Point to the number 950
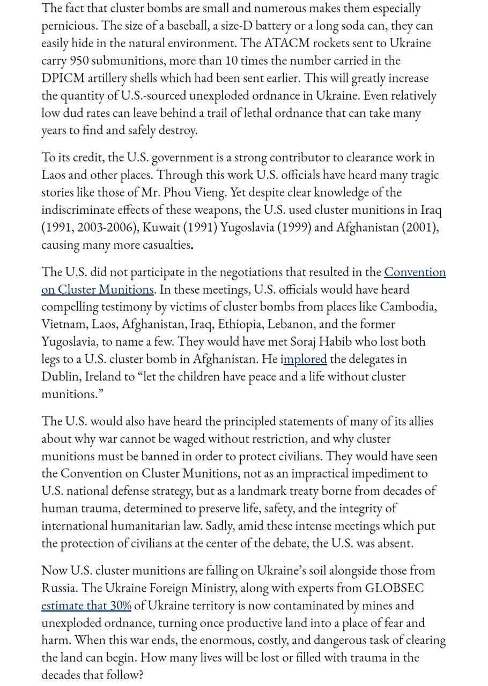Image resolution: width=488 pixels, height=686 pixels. pyautogui.click(x=79, y=60)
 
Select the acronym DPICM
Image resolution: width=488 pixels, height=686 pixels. pyautogui.click(x=63, y=78)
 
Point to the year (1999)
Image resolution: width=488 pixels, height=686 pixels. pyautogui.click(x=292, y=227)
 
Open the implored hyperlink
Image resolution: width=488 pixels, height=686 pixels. pyautogui.click(x=305, y=359)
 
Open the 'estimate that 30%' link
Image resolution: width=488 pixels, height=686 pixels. pyautogui.click(x=86, y=605)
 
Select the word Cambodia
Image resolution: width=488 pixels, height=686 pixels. pyautogui.click(x=408, y=307)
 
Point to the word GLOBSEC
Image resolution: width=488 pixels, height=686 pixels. pyautogui.click(x=394, y=588)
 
